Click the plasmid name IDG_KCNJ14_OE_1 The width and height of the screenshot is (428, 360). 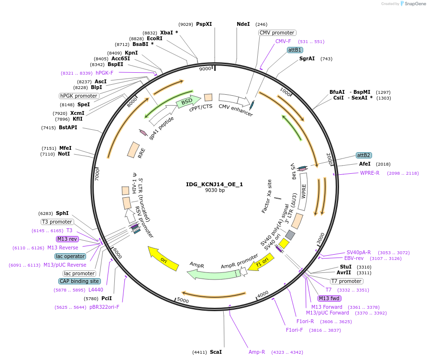[215, 184]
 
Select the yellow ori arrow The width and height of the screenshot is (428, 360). [163, 258]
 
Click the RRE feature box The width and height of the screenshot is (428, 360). [133, 150]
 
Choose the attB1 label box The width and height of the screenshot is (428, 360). [295, 50]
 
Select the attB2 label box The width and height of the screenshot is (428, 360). [363, 155]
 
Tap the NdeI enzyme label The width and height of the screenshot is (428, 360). [243, 24]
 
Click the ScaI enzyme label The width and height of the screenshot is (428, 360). [216, 352]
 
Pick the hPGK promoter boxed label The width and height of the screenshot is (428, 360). [79, 96]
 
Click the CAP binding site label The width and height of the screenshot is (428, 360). [79, 281]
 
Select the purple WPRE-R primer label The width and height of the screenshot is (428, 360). [370, 173]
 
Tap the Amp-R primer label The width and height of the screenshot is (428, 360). [257, 352]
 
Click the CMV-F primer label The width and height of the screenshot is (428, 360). [283, 41]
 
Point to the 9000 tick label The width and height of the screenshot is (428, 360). [205, 69]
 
